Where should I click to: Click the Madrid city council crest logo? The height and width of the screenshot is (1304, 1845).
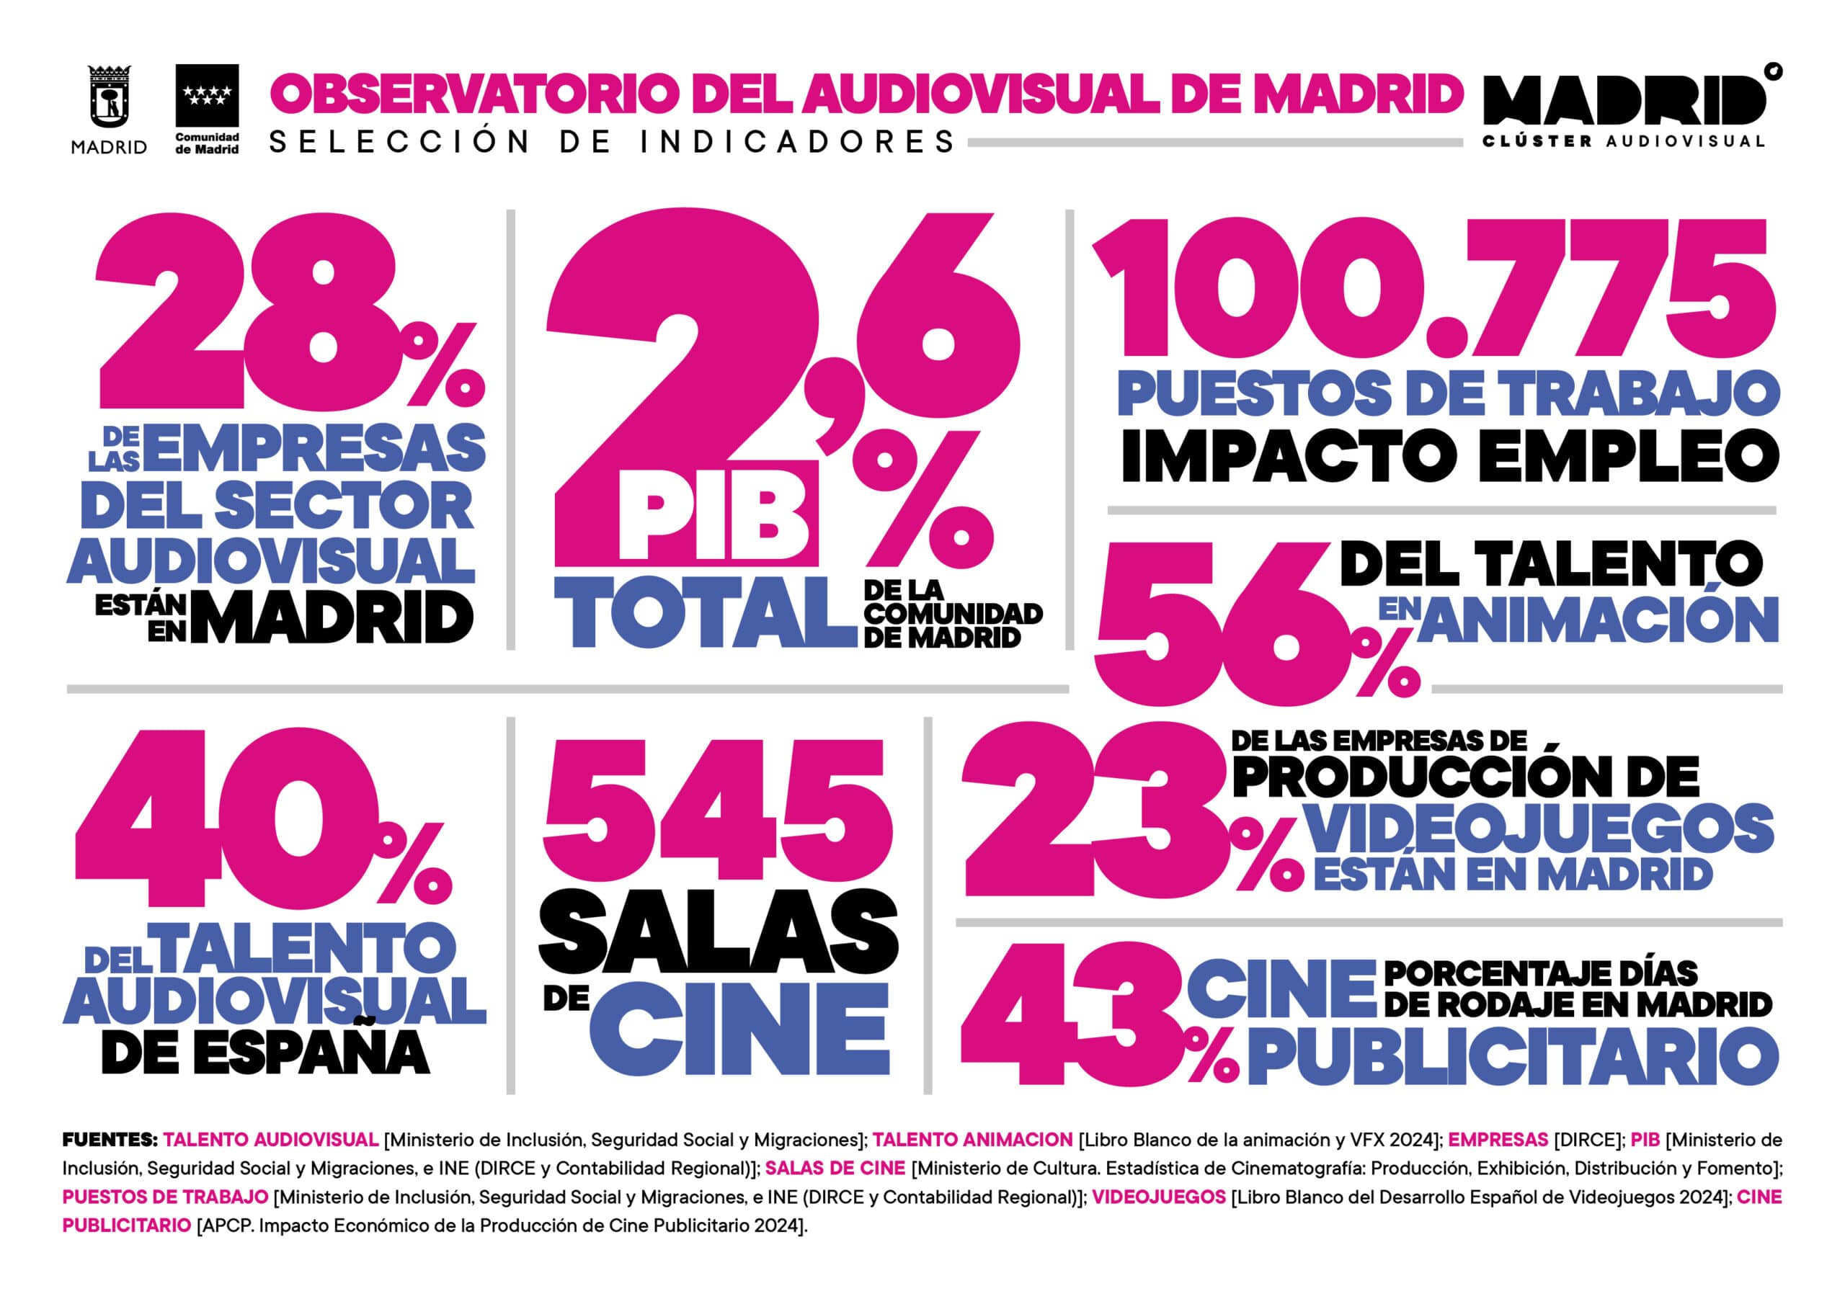tap(110, 98)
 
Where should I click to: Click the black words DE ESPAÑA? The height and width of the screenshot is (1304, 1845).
tap(265, 1053)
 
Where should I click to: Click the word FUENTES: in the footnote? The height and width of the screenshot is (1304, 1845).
tap(110, 1139)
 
